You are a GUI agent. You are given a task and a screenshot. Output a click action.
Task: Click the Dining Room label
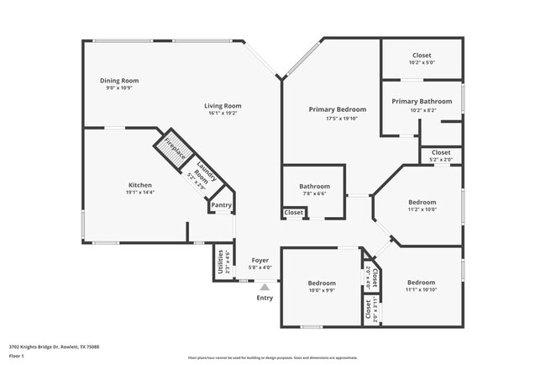point(119,81)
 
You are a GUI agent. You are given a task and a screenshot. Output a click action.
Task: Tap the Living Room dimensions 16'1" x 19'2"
point(223,113)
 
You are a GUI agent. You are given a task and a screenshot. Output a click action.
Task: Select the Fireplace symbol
point(173,149)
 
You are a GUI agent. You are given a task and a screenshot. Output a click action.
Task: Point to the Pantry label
point(221,204)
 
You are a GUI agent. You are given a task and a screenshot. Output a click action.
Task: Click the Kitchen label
point(139,185)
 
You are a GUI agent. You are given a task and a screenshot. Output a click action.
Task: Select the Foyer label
point(260,261)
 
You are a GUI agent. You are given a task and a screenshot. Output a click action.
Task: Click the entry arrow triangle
point(265,287)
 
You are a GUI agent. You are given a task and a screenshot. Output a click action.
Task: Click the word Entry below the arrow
point(265,298)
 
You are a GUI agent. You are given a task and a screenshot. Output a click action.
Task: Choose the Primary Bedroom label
point(337,109)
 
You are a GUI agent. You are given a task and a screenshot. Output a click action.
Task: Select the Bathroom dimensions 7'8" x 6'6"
point(315,193)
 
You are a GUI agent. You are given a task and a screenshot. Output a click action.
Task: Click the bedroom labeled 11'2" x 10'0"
point(422,205)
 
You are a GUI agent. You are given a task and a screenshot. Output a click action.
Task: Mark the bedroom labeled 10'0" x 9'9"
point(321,287)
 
